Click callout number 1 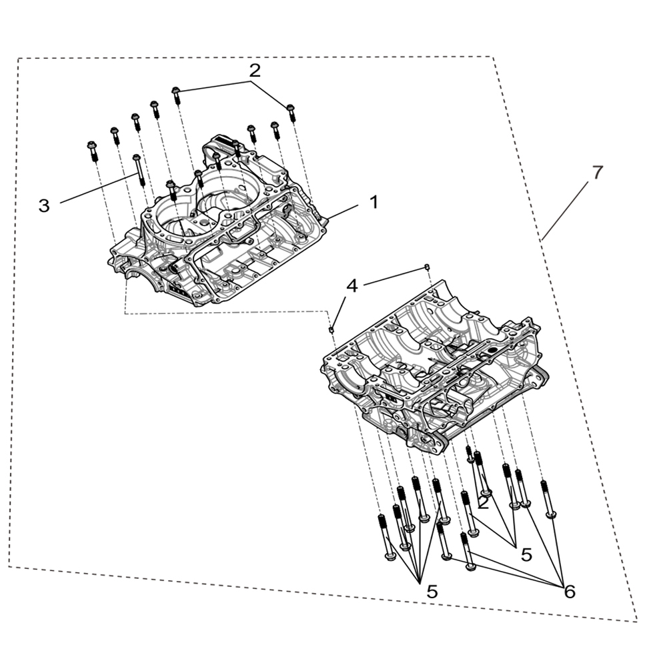[x=374, y=201]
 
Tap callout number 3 [x=44, y=205]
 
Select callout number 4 [x=352, y=286]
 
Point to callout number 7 [x=597, y=172]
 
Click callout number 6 [x=569, y=591]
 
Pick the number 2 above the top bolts [x=255, y=70]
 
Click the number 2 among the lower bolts [x=483, y=503]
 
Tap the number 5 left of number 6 [x=526, y=554]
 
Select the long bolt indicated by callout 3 [x=138, y=169]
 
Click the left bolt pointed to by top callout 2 [x=177, y=95]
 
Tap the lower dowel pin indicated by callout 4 [x=331, y=327]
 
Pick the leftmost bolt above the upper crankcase [x=92, y=150]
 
